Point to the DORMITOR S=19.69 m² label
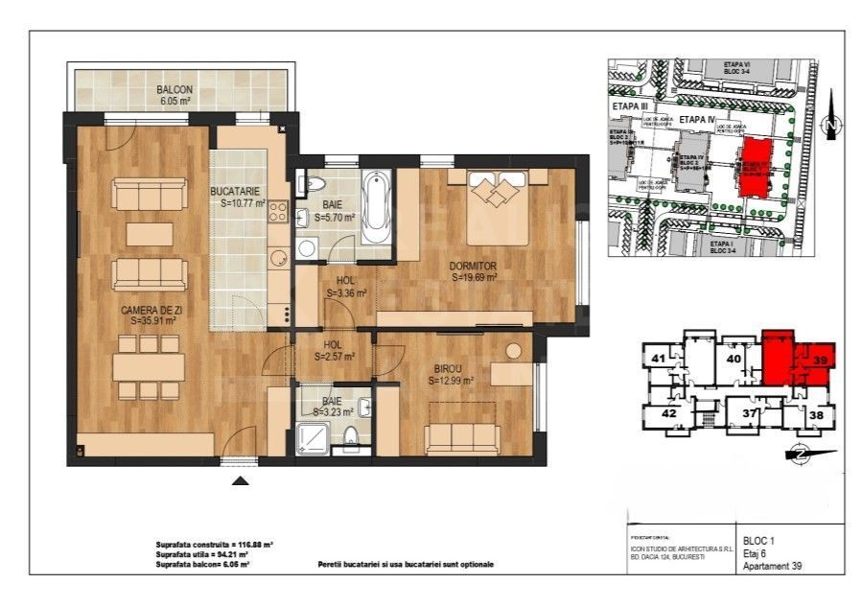(x=475, y=271)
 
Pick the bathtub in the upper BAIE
(x=376, y=207)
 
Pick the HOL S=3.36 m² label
(x=339, y=288)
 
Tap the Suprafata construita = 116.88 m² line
(x=214, y=544)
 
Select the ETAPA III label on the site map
(x=630, y=106)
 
